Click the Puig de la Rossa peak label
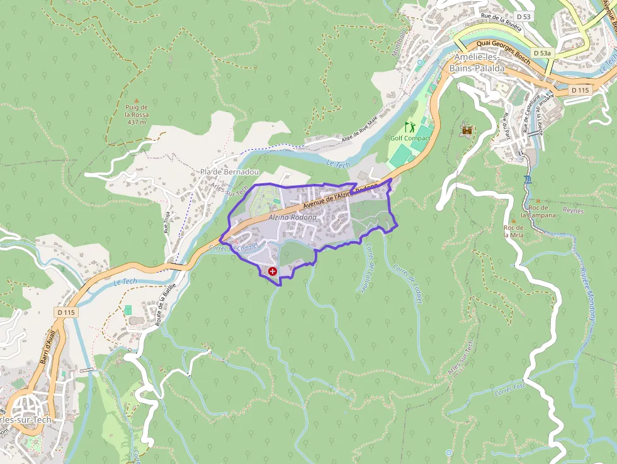click(x=137, y=114)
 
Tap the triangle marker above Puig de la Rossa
click(x=136, y=99)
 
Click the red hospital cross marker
click(x=273, y=271)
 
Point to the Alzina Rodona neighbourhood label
click(x=292, y=217)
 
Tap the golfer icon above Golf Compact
click(x=410, y=127)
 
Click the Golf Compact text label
click(x=410, y=138)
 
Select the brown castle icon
click(x=468, y=130)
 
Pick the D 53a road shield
click(x=542, y=54)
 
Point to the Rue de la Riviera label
click(x=501, y=21)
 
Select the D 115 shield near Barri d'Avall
click(x=65, y=312)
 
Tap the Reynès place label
click(x=574, y=211)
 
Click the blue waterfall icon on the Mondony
click(x=528, y=179)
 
